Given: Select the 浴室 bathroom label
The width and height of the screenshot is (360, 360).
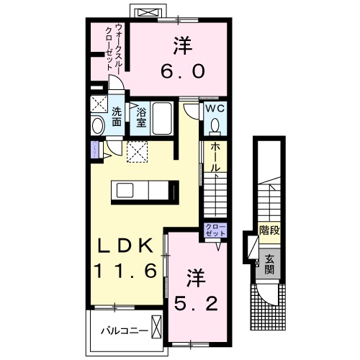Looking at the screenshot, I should [x=140, y=117].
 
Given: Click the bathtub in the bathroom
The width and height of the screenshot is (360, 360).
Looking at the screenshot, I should [x=163, y=118].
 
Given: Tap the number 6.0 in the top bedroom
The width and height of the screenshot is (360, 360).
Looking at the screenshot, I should [x=182, y=71].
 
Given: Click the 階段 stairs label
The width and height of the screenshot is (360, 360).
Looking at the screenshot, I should [x=269, y=230].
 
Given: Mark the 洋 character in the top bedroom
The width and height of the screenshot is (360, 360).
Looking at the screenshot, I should [x=181, y=45].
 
